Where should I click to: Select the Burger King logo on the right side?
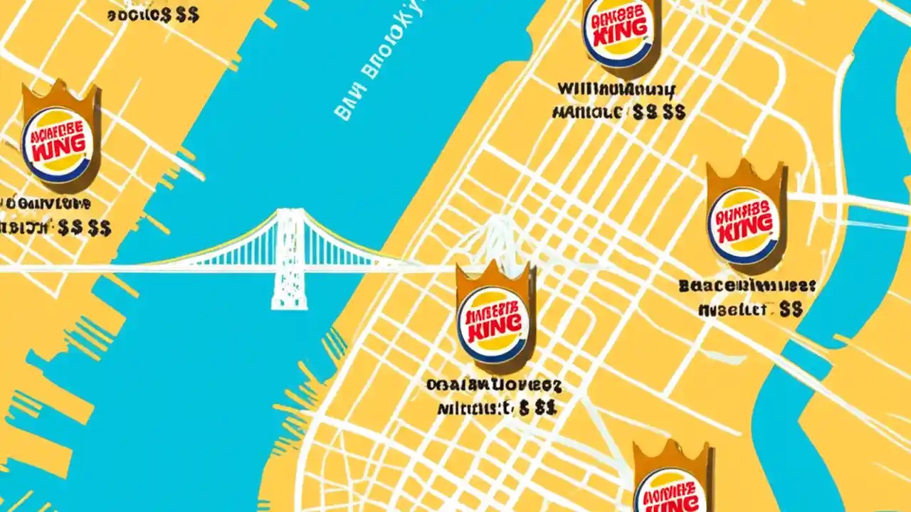[x=744, y=220]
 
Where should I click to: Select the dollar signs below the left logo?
[x=85, y=228]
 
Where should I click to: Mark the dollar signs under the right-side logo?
[x=791, y=309]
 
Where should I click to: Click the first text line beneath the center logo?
[x=494, y=386]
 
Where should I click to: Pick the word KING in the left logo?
[x=58, y=149]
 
